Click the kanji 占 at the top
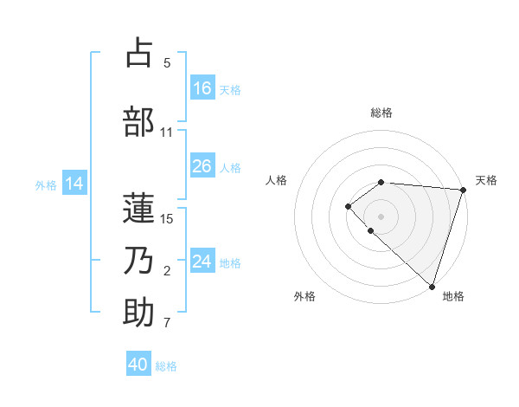tap(138, 53)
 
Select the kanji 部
tap(138, 122)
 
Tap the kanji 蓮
tap(138, 209)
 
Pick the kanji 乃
tap(138, 261)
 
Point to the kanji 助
tap(138, 313)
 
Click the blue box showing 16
tap(202, 87)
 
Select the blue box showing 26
tap(202, 166)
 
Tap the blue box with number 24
tap(202, 262)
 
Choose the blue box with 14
tap(74, 184)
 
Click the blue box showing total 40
tap(138, 365)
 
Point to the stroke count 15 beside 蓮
tap(167, 218)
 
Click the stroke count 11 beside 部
tap(167, 132)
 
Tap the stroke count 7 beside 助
tap(167, 324)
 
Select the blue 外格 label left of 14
tap(46, 184)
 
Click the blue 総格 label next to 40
tap(167, 366)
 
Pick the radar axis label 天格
tap(486, 180)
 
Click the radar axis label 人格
tap(277, 180)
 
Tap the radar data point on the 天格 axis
tap(464, 190)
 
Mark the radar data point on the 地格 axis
tap(432, 286)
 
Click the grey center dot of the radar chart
tap(381, 216)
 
